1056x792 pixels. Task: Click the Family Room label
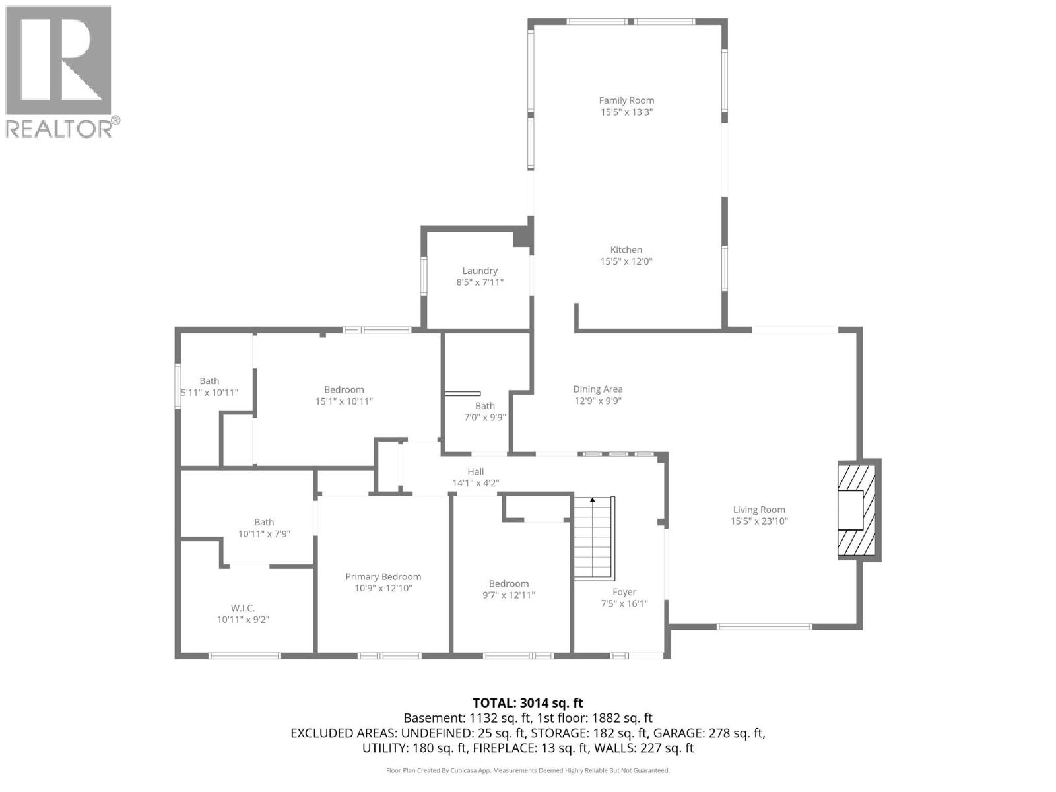coord(626,100)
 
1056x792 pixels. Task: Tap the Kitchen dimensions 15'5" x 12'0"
coord(626,261)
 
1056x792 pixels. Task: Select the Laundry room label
coord(480,271)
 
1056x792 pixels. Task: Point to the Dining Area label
coord(597,389)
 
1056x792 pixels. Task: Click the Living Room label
coord(759,510)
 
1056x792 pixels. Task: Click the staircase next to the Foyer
coord(594,538)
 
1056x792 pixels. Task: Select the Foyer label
coord(624,592)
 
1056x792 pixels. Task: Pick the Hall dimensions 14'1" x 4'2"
coord(475,483)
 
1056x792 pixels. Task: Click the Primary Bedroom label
coord(383,577)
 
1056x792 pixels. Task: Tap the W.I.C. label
coord(243,608)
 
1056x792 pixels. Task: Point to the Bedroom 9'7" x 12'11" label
coord(508,583)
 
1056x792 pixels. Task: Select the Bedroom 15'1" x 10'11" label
coord(344,390)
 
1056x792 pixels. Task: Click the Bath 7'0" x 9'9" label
coord(484,406)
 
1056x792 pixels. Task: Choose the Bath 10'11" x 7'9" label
coord(264,522)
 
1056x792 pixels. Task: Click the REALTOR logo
coord(59,71)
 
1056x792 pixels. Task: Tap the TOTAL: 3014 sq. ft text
coord(527,703)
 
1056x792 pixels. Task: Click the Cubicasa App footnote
coord(527,770)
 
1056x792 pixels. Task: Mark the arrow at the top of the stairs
coord(593,500)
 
